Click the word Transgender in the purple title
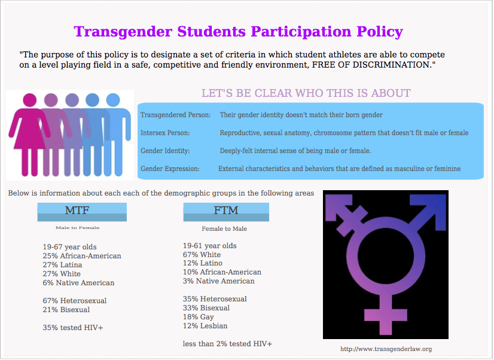click(123, 32)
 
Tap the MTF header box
click(82, 212)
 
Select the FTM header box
click(226, 212)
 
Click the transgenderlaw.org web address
click(386, 349)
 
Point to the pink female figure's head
click(30, 100)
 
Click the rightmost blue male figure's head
click(113, 100)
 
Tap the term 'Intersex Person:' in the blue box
click(165, 133)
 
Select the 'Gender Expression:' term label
click(170, 169)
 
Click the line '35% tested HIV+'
click(73, 328)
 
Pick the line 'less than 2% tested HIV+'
click(227, 344)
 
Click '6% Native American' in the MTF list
click(78, 283)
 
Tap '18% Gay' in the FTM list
click(199, 317)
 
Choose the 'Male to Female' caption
click(78, 228)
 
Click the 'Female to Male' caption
click(224, 229)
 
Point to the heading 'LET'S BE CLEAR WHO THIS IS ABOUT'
click(306, 93)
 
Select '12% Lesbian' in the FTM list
click(205, 326)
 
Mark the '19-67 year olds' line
click(69, 247)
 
